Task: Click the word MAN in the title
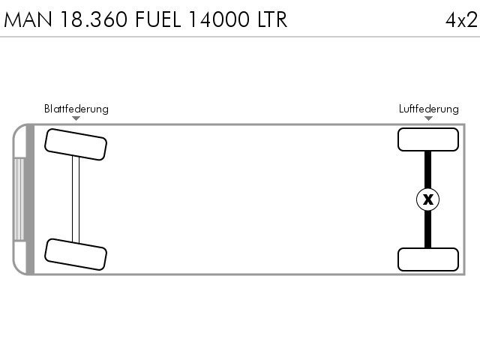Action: pos(28,19)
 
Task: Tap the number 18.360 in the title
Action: pos(94,19)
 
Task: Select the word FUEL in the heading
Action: pos(158,19)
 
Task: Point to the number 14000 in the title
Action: pos(219,19)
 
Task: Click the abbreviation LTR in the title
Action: pos(272,19)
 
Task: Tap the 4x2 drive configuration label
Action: pos(461,20)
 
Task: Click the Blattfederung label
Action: pos(76,109)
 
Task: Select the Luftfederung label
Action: pos(428,109)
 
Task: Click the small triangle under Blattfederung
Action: pos(76,118)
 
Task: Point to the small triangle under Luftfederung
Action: pos(428,118)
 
